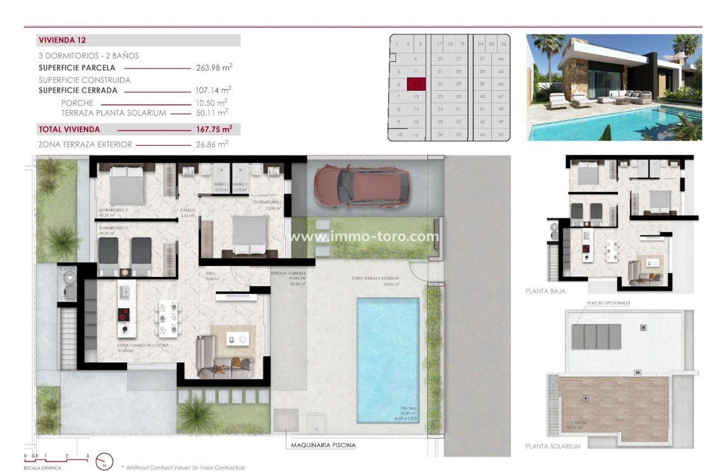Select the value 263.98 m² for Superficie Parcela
(214, 68)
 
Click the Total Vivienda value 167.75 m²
(214, 129)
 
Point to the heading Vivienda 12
(62, 40)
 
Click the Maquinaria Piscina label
(320, 445)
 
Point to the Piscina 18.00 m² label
(408, 411)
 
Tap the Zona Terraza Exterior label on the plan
(375, 278)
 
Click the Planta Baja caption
(545, 291)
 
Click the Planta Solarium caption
(553, 447)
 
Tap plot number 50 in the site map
(500, 134)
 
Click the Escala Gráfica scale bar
(57, 457)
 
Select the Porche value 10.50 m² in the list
(214, 103)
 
